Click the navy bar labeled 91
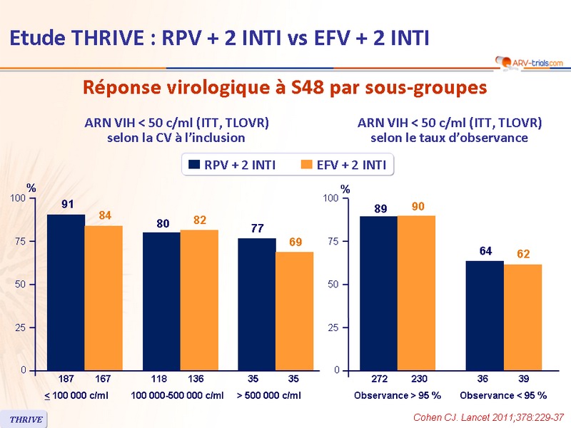(x=66, y=292)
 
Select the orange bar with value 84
(x=103, y=297)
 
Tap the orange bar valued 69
(x=294, y=310)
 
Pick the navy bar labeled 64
(x=485, y=315)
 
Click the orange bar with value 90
(x=416, y=292)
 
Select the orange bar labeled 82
(x=199, y=300)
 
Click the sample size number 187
(x=66, y=379)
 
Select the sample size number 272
(x=378, y=379)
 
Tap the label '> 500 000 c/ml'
(x=268, y=395)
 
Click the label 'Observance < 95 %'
(x=503, y=395)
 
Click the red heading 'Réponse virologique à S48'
(x=285, y=88)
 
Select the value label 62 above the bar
(x=523, y=254)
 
